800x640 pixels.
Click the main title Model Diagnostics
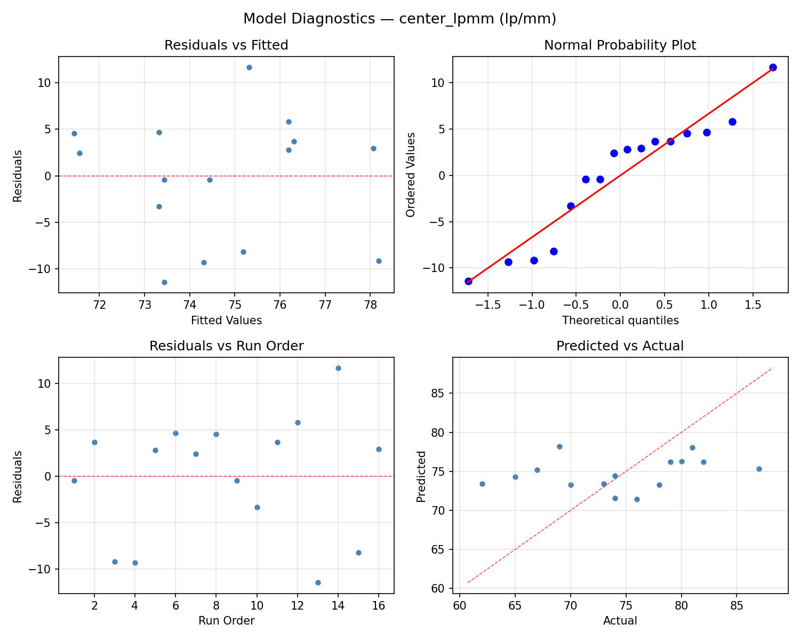click(399, 19)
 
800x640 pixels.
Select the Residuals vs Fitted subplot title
click(226, 45)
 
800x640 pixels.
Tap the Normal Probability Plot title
click(620, 45)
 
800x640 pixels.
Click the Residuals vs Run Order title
click(226, 346)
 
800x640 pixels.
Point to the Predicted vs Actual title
click(620, 346)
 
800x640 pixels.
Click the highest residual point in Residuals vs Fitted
click(249, 67)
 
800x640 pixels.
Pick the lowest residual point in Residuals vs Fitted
click(164, 282)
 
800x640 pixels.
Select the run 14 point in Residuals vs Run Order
click(338, 368)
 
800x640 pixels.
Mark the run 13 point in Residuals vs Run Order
click(318, 582)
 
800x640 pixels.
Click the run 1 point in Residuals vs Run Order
click(74, 481)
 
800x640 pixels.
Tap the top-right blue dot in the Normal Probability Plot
click(773, 67)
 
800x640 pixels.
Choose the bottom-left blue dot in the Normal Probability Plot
click(468, 281)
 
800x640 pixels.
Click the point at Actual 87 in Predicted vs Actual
click(759, 469)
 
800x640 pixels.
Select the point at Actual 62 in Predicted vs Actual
click(482, 484)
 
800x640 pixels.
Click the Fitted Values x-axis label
click(226, 321)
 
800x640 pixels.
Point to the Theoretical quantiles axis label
click(620, 321)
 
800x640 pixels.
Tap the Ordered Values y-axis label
click(410, 174)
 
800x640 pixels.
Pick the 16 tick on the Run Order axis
click(379, 606)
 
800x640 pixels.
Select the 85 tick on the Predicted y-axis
click(438, 394)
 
